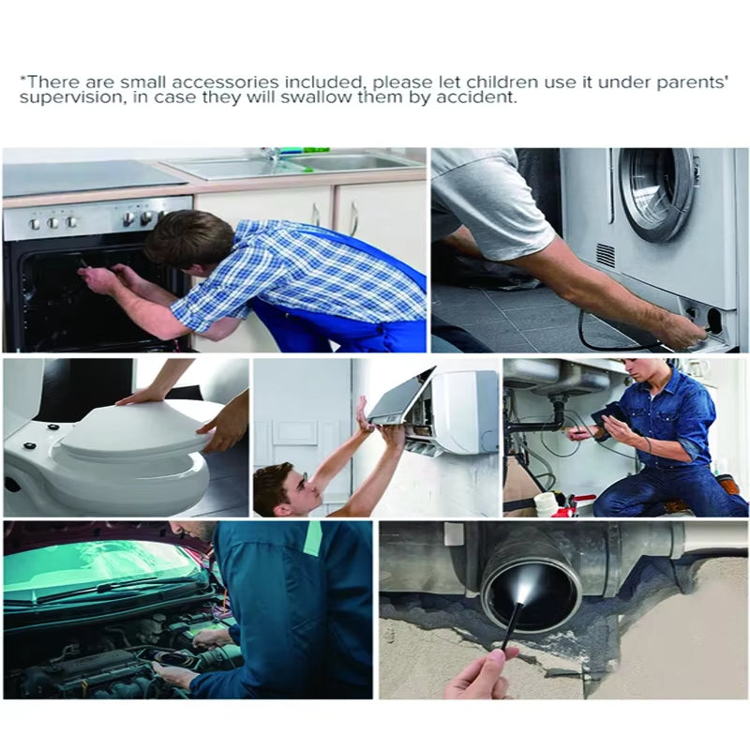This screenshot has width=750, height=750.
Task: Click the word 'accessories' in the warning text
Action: click(225, 82)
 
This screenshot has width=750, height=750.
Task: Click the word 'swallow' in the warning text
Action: click(316, 98)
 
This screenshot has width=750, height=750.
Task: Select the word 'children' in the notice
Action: click(502, 82)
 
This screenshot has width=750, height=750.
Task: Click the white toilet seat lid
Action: click(139, 429)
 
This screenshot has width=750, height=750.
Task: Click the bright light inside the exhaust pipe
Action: click(527, 590)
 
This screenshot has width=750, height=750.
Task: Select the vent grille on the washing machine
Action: click(606, 255)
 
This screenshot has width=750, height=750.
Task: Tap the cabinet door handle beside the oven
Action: click(353, 219)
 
